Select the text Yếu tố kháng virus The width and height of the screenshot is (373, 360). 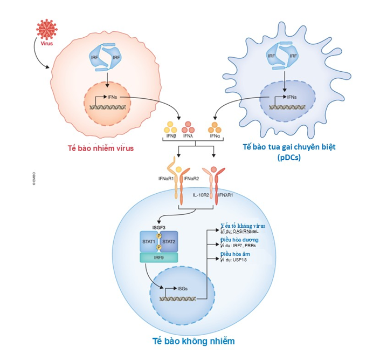coord(243,226)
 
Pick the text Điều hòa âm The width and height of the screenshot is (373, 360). coord(236,254)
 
